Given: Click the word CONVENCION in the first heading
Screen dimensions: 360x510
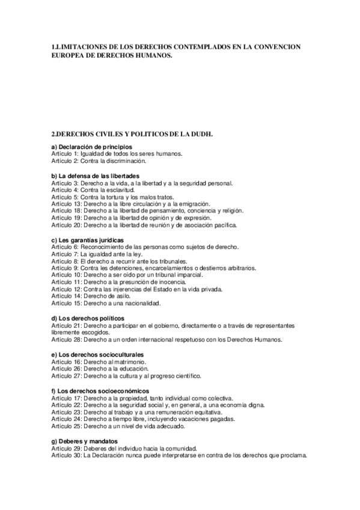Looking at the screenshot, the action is click(270, 46).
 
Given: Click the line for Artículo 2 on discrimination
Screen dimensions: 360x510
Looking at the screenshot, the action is click(99, 161).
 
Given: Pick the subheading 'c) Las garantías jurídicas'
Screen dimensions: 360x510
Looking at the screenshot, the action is click(90, 240).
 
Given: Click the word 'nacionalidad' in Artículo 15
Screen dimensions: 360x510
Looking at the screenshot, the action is click(130, 304).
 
